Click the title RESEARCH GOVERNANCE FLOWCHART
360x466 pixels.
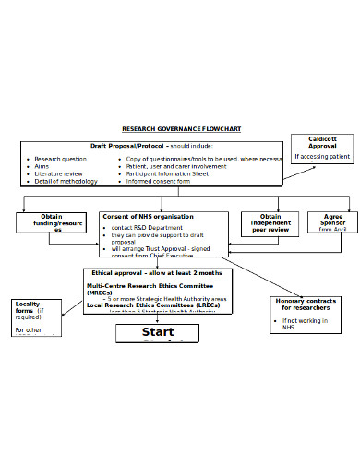(x=181, y=129)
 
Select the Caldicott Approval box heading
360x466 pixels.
(x=322, y=142)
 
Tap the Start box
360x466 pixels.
(x=157, y=332)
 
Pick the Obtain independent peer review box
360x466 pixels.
(x=270, y=222)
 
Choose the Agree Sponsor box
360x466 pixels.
(x=332, y=222)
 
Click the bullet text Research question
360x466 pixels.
(x=61, y=159)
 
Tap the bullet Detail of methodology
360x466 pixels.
(x=65, y=181)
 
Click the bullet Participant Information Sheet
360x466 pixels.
(x=167, y=173)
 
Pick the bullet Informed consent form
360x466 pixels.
(x=158, y=181)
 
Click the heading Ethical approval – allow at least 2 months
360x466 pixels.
(x=156, y=273)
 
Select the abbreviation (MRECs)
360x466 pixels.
(x=103, y=293)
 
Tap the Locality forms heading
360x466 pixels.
(x=27, y=307)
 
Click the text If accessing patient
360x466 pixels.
(x=322, y=157)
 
